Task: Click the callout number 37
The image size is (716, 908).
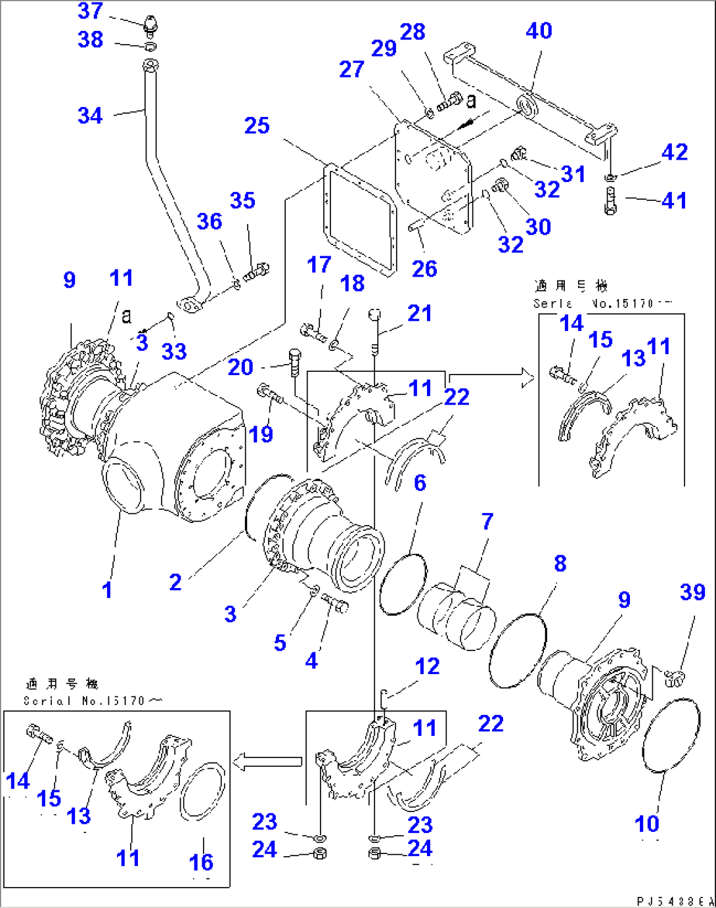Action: pos(91,11)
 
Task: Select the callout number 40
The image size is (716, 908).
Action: pos(539,31)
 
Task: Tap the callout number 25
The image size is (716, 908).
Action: pos(257,125)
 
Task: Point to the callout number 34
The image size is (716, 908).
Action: pos(91,116)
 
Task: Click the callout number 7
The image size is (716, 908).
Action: pos(487,522)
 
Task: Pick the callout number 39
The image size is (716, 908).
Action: pos(692,592)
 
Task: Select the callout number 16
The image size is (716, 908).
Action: pos(201,861)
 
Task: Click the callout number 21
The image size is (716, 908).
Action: pos(420,313)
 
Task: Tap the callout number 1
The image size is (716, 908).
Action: pos(107,590)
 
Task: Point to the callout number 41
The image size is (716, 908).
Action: pos(675,200)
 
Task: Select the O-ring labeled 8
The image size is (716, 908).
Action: pos(518,650)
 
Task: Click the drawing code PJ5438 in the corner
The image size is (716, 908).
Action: pos(674,901)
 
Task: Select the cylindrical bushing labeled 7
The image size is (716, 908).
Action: pos(457,615)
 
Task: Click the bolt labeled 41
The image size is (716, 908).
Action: pos(610,200)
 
